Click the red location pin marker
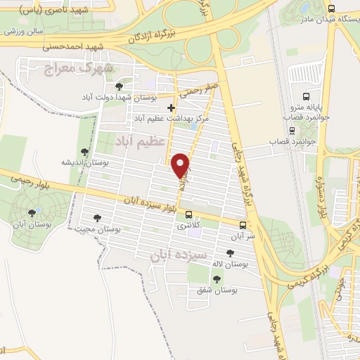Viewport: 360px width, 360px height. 181,165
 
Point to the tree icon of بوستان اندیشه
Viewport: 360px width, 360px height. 85,151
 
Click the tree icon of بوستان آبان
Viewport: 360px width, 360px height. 31,213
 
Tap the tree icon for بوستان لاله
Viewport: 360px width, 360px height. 230,252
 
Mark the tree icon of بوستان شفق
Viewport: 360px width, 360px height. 217,278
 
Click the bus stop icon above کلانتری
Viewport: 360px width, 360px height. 188,214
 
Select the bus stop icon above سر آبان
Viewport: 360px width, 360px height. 243,226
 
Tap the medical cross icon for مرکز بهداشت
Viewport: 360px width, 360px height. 172,108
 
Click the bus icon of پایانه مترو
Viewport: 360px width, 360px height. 304,96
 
